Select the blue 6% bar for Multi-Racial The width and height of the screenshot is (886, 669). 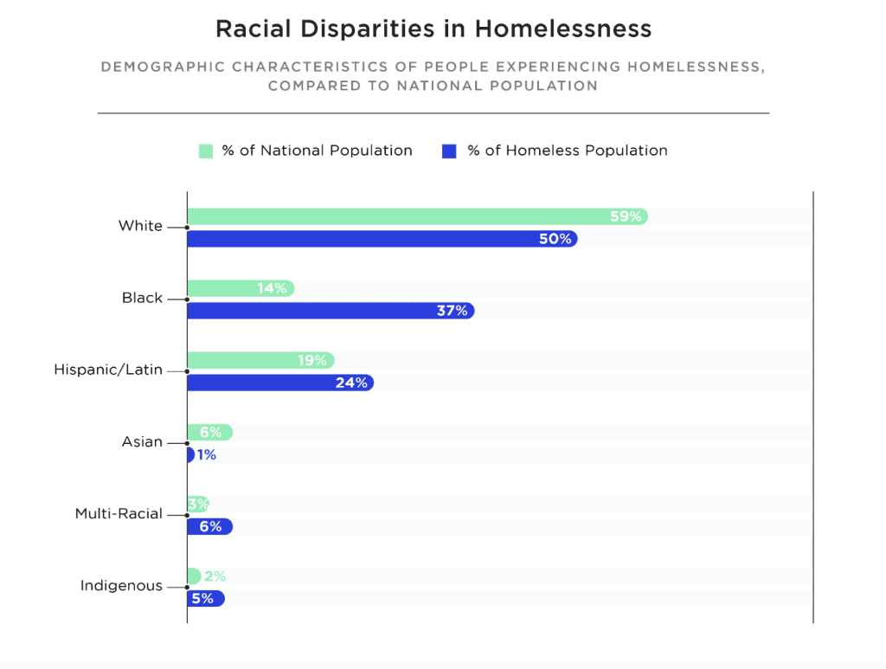(x=208, y=526)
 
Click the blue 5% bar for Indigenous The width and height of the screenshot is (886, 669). (x=203, y=598)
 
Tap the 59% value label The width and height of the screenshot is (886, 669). (x=626, y=216)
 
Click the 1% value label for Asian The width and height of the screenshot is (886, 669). (x=207, y=454)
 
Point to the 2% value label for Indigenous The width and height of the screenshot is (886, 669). (x=215, y=576)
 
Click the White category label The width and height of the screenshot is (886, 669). (x=140, y=226)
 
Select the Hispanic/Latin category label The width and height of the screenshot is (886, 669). (x=108, y=370)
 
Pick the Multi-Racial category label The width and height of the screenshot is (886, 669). (x=119, y=513)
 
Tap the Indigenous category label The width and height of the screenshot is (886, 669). (x=121, y=585)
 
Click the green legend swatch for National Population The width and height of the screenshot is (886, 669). (x=206, y=151)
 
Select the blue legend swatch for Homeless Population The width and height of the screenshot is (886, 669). (x=448, y=151)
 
